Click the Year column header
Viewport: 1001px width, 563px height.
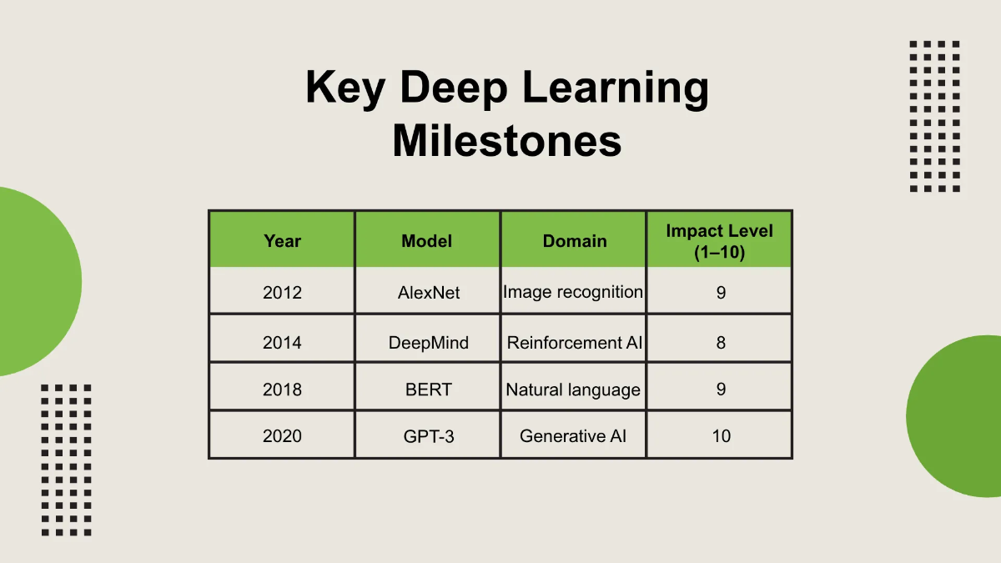pyautogui.click(x=282, y=241)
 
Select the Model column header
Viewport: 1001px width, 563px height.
pyautogui.click(x=427, y=241)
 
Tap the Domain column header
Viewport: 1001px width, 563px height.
pyautogui.click(x=574, y=241)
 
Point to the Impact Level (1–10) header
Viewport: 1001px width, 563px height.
pyautogui.click(x=719, y=241)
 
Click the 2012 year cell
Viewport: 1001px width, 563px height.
pyautogui.click(x=282, y=293)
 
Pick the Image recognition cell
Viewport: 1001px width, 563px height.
pyautogui.click(x=573, y=292)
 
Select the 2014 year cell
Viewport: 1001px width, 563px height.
pyautogui.click(x=282, y=342)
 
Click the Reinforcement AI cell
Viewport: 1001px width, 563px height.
pyautogui.click(x=575, y=342)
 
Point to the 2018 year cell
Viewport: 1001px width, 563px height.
pyautogui.click(x=282, y=390)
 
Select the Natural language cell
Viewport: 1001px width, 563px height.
pyautogui.click(x=573, y=390)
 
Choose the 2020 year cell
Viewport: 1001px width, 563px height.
pyautogui.click(x=282, y=435)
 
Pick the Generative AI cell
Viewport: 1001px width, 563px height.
pyautogui.click(x=573, y=435)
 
